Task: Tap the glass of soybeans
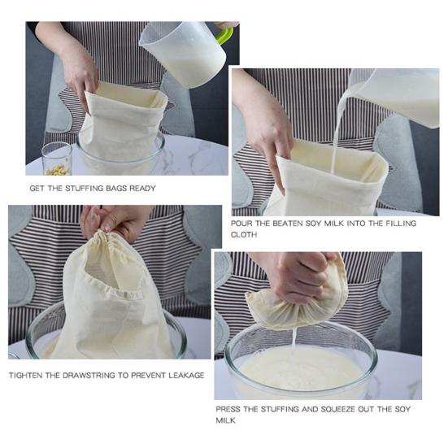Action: pyautogui.click(x=57, y=159)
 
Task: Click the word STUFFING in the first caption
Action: pyautogui.click(x=84, y=189)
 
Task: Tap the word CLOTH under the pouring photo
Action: pyautogui.click(x=244, y=235)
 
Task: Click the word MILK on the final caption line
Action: pyautogui.click(x=225, y=420)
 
